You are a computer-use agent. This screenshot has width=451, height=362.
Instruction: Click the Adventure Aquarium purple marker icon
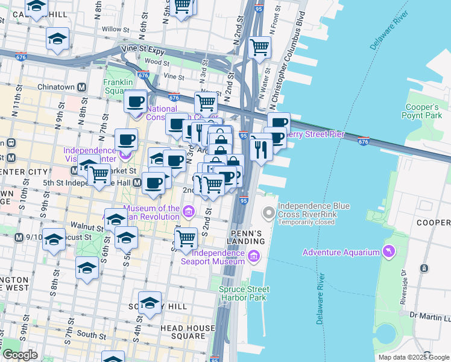tap(389, 251)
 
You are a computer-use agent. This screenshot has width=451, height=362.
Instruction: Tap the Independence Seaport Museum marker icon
tap(254, 257)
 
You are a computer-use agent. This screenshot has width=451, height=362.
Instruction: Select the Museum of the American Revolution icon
tap(189, 212)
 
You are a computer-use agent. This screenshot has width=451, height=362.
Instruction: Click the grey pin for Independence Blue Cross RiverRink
tap(268, 213)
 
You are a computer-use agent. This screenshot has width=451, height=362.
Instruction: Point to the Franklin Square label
tap(117, 86)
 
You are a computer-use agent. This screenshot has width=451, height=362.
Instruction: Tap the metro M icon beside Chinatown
tap(82, 87)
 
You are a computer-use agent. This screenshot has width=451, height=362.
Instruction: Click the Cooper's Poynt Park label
tap(424, 111)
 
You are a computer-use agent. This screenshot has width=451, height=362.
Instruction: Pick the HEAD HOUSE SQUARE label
tap(187, 332)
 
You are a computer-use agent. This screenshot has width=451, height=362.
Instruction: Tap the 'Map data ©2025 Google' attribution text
tap(413, 357)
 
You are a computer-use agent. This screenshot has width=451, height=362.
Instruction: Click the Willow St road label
tap(112, 29)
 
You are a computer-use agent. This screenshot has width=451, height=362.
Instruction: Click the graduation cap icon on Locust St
tap(54, 240)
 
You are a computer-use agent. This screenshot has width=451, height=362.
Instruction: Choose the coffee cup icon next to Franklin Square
tap(136, 100)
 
